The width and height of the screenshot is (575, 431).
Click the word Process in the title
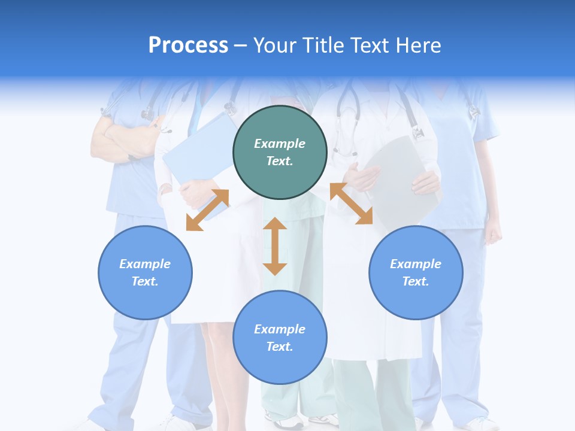point(188,45)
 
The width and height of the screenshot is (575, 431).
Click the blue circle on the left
point(145,272)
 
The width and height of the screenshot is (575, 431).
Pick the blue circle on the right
point(416,272)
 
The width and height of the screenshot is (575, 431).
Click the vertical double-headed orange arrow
point(275,246)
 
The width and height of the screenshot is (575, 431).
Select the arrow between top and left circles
point(207,210)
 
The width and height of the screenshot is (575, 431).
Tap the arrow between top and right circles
point(352,204)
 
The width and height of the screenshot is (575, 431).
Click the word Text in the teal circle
point(280,161)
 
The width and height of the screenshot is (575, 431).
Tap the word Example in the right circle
point(416,264)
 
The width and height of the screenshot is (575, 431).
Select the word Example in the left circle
point(145,264)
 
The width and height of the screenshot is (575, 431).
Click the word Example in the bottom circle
point(280,329)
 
